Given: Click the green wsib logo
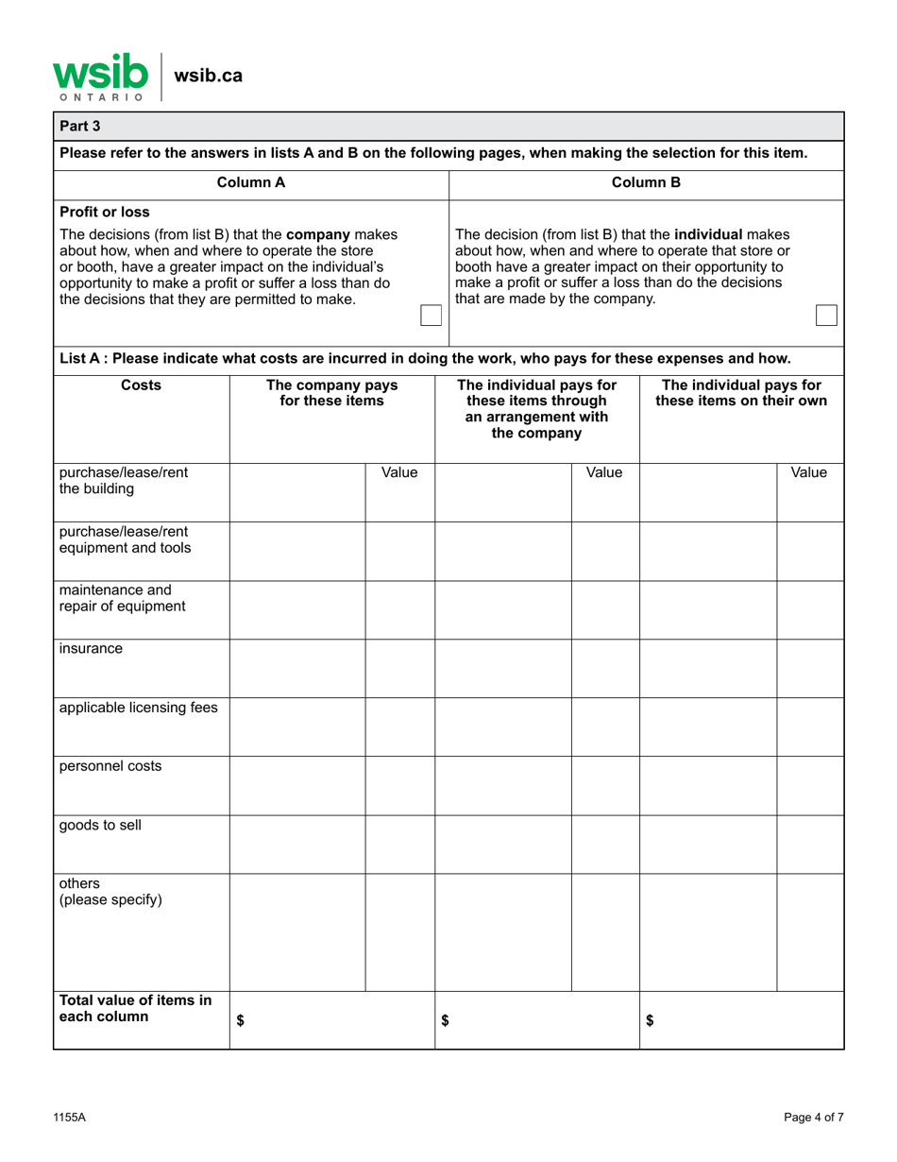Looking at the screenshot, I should pos(99,75).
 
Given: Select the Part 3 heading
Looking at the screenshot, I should pos(80,126).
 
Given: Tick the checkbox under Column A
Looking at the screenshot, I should pos(431,316).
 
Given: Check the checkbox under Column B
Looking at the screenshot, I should pos(825,316).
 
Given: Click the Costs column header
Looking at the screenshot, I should pos(141,385).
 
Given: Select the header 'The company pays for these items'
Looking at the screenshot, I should pos(331,393).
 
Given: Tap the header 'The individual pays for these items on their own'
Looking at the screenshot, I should pos(741,393).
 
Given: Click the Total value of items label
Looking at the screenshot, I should pos(135,1009).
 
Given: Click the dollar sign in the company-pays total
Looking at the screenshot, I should pos(240,1020).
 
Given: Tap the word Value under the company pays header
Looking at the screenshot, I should pos(399,471).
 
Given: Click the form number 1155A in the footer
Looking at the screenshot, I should pos(70,1118).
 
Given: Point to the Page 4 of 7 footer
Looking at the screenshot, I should pos(813,1118).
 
